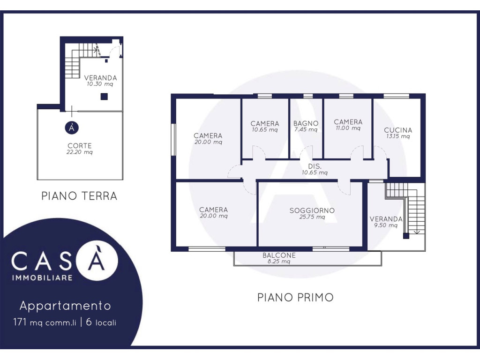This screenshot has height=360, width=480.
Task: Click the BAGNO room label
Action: [x=306, y=123]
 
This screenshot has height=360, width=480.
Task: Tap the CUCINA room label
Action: [x=398, y=130]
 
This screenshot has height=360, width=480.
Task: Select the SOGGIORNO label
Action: [x=312, y=210]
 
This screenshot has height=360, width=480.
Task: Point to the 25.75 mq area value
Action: [x=312, y=217]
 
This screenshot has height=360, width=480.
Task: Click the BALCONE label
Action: [x=279, y=255]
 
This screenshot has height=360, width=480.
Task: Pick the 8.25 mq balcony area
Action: [x=279, y=262]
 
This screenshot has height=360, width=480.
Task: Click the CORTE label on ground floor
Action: [x=80, y=146]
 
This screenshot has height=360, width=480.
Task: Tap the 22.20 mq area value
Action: [x=80, y=152]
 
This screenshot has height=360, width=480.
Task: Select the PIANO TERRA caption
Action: [x=79, y=196]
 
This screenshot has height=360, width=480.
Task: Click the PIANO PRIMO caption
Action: [x=295, y=298]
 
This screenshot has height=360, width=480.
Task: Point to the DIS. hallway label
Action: [x=315, y=166]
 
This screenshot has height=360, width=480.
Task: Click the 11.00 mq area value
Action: [x=348, y=128]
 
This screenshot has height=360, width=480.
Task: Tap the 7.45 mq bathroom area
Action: [x=306, y=129]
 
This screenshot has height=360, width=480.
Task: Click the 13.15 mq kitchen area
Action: [x=398, y=136]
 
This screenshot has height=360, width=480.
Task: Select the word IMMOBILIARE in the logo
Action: [x=42, y=278]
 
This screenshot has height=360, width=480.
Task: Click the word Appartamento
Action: [x=65, y=306]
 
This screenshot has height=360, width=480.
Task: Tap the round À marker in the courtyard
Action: [x=72, y=127]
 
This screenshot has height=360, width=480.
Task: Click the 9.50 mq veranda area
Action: [x=386, y=225]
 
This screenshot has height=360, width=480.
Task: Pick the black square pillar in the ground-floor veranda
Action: [x=104, y=97]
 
